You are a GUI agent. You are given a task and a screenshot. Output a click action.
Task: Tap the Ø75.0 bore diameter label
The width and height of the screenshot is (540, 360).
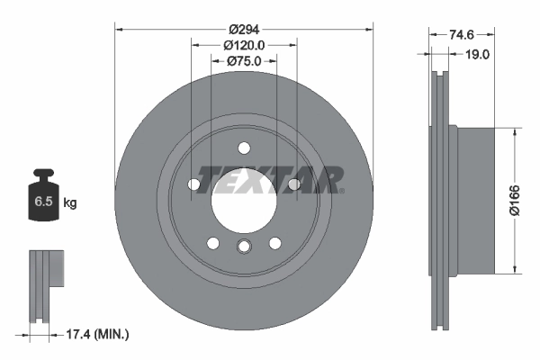(x=243, y=60)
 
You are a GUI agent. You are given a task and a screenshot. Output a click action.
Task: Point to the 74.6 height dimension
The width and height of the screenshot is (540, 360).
(x=461, y=34)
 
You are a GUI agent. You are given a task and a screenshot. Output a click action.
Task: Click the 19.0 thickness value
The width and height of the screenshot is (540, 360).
(x=477, y=54)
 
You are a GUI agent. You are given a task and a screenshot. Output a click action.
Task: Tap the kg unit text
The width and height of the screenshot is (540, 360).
(x=70, y=202)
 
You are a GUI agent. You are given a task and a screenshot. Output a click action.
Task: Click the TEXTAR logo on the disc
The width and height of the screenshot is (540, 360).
(x=270, y=180)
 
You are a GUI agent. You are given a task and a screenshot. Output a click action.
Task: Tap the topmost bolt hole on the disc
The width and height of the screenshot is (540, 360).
(x=243, y=148)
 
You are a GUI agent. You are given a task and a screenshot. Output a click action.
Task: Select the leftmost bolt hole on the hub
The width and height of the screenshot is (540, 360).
(x=193, y=184)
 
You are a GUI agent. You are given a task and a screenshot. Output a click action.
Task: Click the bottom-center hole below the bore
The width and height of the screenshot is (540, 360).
(x=243, y=249)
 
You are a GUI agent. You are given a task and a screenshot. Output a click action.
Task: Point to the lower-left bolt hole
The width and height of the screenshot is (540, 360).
(x=212, y=243)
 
